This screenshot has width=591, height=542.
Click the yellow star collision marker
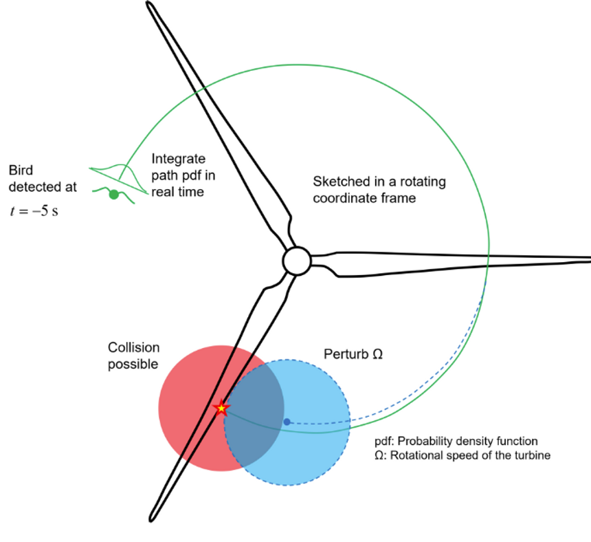(221, 408)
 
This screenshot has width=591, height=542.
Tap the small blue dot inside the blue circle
(287, 421)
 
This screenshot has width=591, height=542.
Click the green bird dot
(114, 195)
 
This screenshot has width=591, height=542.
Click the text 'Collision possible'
(133, 356)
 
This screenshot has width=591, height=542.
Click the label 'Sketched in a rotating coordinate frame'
(379, 190)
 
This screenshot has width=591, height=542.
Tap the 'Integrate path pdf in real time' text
(178, 175)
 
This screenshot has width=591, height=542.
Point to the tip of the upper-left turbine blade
(150, 5)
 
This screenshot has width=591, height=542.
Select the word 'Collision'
(133, 347)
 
